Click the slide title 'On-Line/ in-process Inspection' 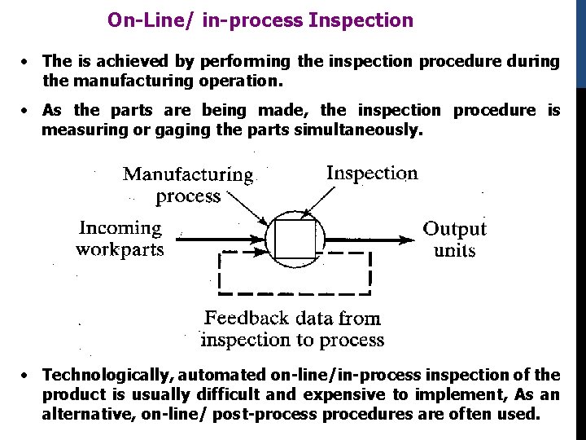(x=260, y=20)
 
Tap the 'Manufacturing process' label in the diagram (x=188, y=185)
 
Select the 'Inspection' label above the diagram (x=372, y=173)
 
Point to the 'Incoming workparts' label (x=120, y=239)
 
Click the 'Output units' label (x=454, y=240)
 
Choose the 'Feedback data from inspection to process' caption (x=292, y=328)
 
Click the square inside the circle (x=294, y=240)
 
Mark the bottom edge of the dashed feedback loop (x=294, y=293)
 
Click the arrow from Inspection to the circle (x=318, y=200)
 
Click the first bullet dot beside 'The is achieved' (x=27, y=62)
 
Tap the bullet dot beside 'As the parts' (x=27, y=111)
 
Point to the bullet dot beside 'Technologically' (x=27, y=376)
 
